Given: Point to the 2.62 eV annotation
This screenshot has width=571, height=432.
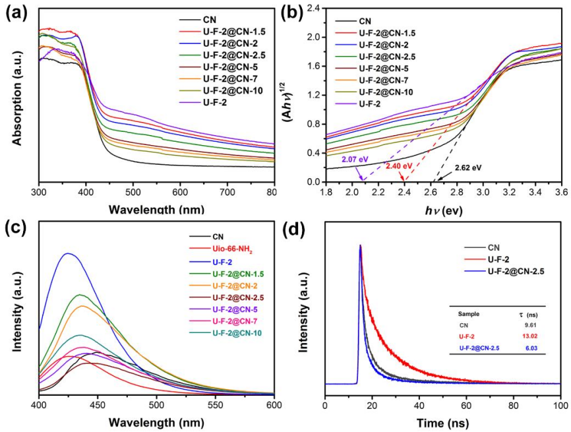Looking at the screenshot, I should [467, 168].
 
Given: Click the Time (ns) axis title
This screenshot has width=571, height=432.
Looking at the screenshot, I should [442, 421].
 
